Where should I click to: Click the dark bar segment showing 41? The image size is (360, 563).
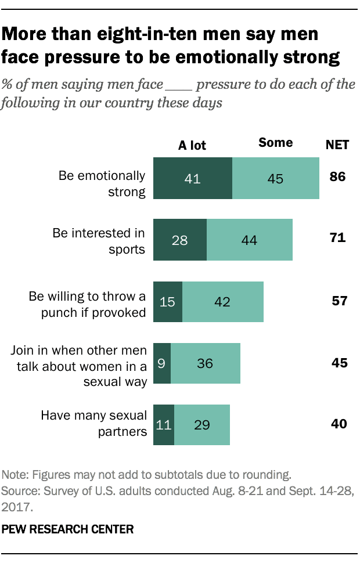click(192, 178)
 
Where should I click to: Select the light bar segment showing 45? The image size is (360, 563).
click(275, 178)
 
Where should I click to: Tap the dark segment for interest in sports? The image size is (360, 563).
click(179, 240)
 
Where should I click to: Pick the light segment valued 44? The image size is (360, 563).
click(249, 240)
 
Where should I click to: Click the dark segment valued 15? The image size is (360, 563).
click(167, 302)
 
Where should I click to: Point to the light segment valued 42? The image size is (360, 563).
click(222, 302)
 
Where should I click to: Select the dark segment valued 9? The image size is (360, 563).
click(161, 363)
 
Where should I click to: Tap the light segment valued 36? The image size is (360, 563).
click(205, 363)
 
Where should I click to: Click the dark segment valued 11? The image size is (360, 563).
click(163, 425)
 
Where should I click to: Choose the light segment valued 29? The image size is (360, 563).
click(201, 425)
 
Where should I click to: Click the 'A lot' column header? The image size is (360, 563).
click(192, 145)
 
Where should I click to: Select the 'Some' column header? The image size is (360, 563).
click(275, 143)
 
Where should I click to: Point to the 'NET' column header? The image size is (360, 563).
click(337, 145)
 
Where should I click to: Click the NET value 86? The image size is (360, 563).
click(337, 176)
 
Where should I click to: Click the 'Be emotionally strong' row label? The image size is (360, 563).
click(102, 183)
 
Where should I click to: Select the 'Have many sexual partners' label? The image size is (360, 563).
click(93, 423)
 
